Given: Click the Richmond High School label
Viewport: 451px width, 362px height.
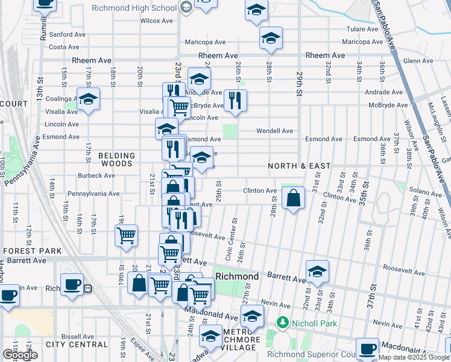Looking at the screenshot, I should click(x=134, y=8).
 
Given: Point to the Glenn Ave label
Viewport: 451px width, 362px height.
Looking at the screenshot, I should click(x=418, y=61).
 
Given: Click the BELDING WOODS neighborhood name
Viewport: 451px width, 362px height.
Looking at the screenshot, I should click(x=116, y=159).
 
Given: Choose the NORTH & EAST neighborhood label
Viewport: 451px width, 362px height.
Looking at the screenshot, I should click(x=300, y=166).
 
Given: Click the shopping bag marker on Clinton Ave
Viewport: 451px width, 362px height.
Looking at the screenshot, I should click(x=292, y=198).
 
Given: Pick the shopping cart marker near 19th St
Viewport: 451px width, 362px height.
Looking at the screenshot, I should click(x=126, y=235).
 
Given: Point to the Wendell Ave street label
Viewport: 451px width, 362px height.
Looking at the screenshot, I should click(x=274, y=131).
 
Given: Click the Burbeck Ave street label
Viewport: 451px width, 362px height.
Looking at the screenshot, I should click(x=96, y=176).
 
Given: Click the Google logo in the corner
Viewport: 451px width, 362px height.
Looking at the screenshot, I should click(x=20, y=355).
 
